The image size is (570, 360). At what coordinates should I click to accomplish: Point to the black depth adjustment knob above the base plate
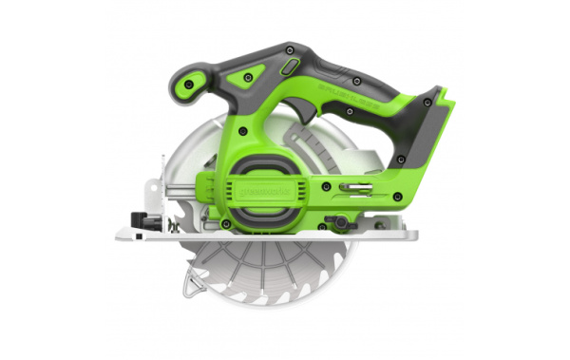coord(337,223)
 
